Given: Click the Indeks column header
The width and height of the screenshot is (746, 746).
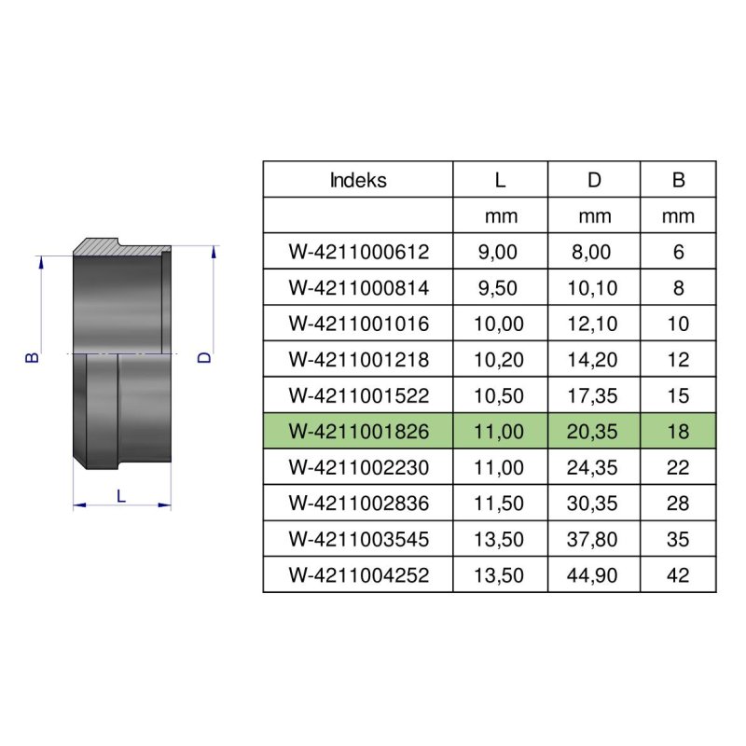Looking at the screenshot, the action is click(x=358, y=180).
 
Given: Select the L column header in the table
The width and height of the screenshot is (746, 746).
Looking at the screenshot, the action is click(x=500, y=180).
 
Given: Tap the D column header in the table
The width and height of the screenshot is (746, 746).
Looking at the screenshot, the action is click(x=594, y=180).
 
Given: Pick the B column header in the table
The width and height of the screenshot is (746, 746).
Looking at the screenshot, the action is click(x=679, y=180).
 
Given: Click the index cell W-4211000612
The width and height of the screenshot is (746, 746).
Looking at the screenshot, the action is click(x=359, y=252).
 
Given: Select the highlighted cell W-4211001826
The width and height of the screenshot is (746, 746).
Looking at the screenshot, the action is click(x=359, y=432).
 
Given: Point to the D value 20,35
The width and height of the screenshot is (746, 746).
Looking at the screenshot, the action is click(x=592, y=432).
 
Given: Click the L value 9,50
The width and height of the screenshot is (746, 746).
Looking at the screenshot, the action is click(x=498, y=288).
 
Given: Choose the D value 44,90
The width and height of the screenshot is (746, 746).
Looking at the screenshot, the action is click(x=592, y=575).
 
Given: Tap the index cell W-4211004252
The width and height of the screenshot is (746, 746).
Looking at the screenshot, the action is click(x=359, y=575).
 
